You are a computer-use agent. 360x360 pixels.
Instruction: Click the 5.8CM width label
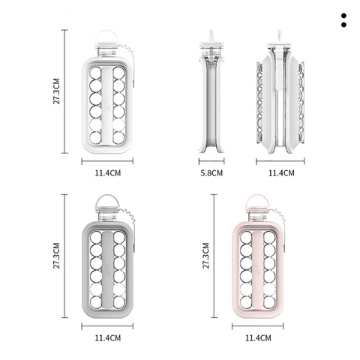(x=211, y=173)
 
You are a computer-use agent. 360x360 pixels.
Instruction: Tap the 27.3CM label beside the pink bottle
(x=205, y=256)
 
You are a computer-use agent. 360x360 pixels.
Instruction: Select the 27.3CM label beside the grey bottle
(x=56, y=256)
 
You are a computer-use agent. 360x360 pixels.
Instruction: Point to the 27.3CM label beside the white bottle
(x=56, y=91)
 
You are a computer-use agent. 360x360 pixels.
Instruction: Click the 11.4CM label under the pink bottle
(x=258, y=338)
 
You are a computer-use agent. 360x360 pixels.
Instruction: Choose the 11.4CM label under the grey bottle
(x=108, y=338)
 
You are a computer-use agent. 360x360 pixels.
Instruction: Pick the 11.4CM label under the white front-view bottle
(x=108, y=173)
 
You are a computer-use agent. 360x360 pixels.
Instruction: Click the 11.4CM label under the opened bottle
(x=281, y=173)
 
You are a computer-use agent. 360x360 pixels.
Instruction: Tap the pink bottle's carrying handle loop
(x=257, y=196)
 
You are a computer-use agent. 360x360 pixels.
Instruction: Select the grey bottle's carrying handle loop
(x=107, y=196)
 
